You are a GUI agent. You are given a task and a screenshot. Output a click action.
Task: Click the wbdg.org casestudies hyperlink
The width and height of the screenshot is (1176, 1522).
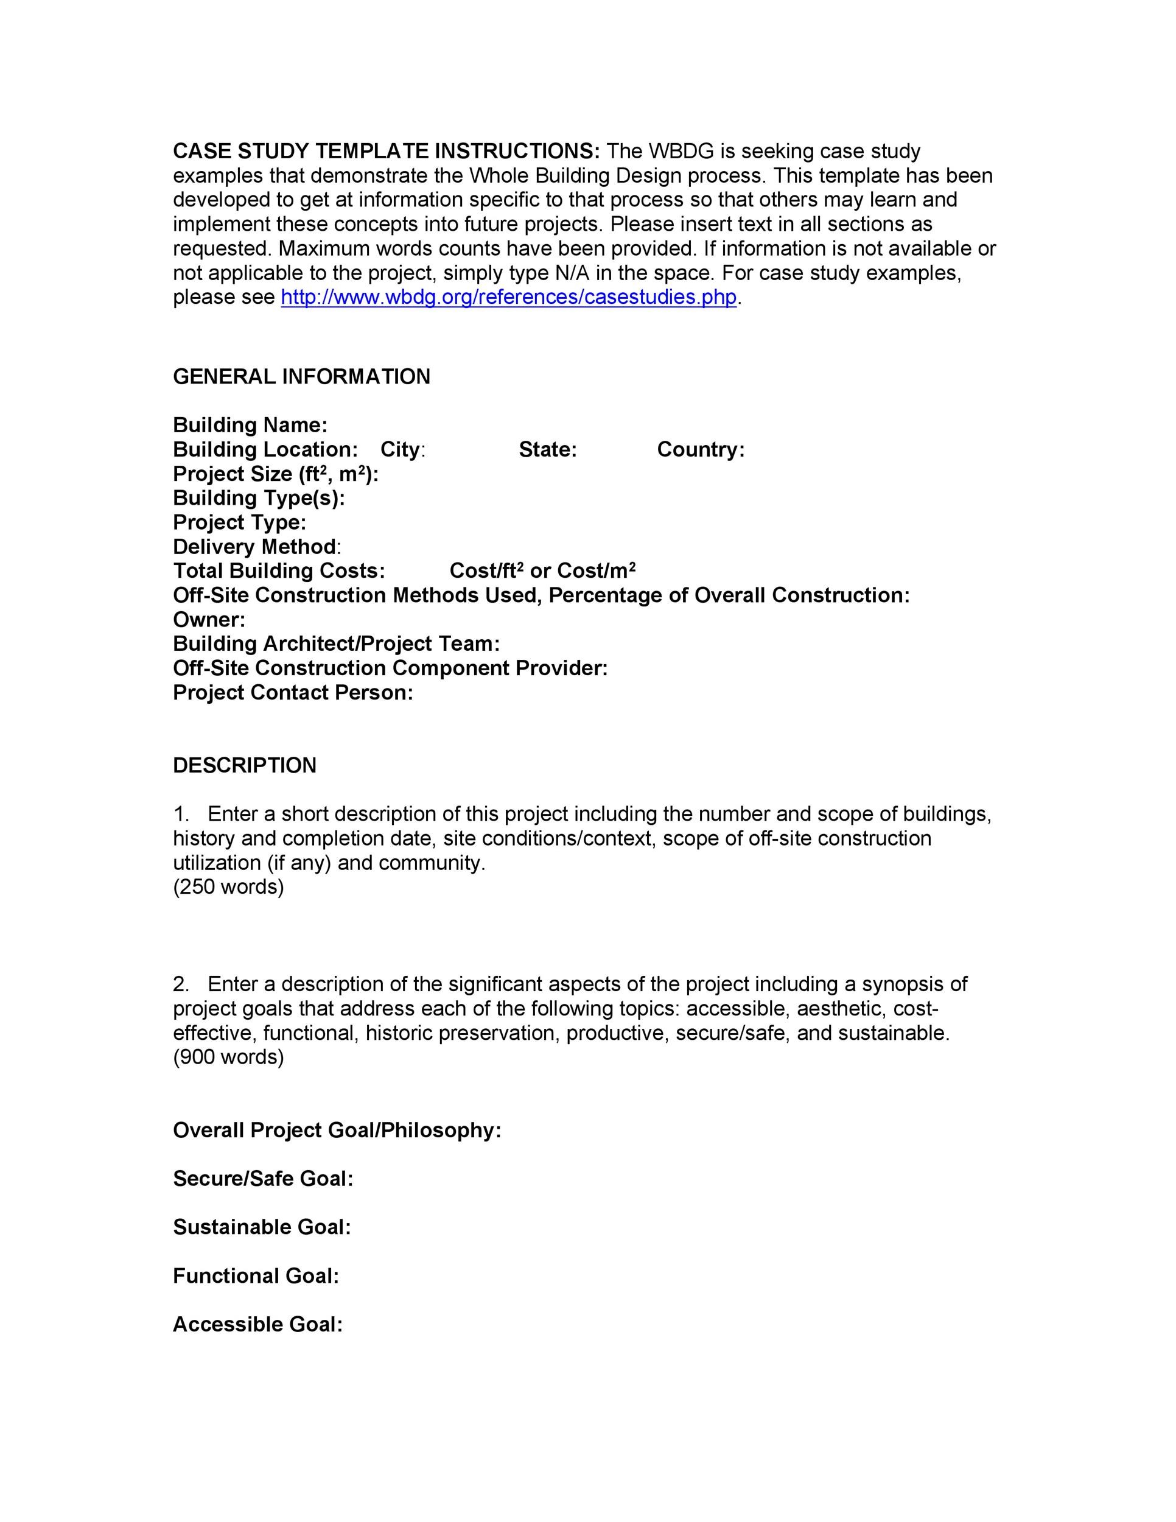click(509, 298)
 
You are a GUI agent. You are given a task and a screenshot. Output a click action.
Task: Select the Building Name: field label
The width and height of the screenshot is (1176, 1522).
click(250, 425)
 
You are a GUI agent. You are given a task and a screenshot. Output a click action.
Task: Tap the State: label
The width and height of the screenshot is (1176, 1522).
click(548, 449)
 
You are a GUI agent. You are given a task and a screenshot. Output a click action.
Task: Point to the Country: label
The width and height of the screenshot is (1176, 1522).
click(700, 449)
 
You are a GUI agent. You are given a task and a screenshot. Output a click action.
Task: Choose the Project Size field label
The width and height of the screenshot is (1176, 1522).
click(275, 474)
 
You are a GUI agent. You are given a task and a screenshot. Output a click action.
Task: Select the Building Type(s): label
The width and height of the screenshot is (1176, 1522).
click(259, 498)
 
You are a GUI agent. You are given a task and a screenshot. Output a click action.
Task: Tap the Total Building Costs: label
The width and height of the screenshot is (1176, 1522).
click(279, 571)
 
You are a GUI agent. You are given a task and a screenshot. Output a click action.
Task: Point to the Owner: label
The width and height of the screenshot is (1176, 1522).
click(209, 620)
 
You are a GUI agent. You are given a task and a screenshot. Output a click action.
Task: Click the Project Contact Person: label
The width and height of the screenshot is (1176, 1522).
click(293, 693)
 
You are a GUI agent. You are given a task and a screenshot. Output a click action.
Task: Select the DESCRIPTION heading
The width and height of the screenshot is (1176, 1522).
click(245, 766)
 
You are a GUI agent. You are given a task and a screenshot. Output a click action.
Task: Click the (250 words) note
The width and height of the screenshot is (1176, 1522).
click(228, 887)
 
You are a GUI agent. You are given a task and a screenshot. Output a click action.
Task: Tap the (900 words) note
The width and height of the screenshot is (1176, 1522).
click(228, 1057)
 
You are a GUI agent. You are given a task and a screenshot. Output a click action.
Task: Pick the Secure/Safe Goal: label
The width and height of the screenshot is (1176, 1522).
click(262, 1179)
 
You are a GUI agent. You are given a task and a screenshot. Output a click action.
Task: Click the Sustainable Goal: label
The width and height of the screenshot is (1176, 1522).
click(261, 1227)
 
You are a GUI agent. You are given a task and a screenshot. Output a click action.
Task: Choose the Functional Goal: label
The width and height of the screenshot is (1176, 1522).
click(256, 1276)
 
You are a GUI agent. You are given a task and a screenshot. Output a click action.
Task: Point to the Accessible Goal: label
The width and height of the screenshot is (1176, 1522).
click(257, 1324)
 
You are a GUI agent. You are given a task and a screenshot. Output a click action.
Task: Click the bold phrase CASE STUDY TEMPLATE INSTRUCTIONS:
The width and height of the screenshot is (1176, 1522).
click(386, 151)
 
